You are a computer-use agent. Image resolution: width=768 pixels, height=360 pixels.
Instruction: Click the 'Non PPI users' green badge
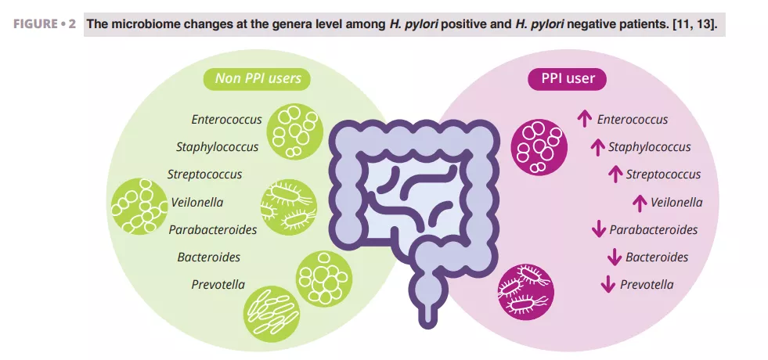pyautogui.click(x=258, y=78)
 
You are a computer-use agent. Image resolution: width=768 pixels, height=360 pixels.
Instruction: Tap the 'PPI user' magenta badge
pyautogui.click(x=567, y=78)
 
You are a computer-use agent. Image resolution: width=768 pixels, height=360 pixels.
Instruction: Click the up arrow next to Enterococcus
pyautogui.click(x=584, y=119)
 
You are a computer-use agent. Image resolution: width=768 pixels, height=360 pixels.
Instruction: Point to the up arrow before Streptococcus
pyautogui.click(x=615, y=175)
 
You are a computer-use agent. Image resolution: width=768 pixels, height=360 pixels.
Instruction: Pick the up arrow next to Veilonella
pyautogui.click(x=639, y=202)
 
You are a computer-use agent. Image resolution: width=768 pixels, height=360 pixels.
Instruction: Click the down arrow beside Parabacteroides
pyautogui.click(x=598, y=230)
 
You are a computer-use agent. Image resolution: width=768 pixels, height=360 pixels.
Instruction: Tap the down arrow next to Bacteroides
pyautogui.click(x=614, y=257)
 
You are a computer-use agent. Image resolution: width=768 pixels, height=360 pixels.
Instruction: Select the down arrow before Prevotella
pyautogui.click(x=608, y=285)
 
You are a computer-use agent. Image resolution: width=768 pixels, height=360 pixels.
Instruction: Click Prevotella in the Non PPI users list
pyautogui.click(x=218, y=284)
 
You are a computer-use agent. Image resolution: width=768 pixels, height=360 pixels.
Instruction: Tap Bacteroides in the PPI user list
pyautogui.click(x=657, y=257)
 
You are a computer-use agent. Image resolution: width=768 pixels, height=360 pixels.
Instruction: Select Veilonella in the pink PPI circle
pyautogui.click(x=676, y=202)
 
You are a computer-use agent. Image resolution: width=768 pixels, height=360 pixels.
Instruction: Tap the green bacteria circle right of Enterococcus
pyautogui.click(x=294, y=129)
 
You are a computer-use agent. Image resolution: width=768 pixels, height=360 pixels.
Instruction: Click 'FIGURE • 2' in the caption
pyautogui.click(x=45, y=23)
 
